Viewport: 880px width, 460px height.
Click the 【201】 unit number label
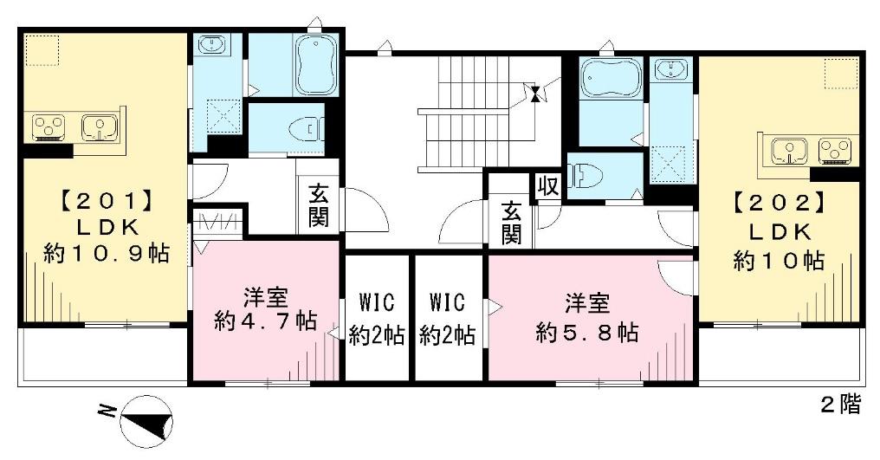tap(107, 200)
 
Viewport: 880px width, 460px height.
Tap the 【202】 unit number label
tap(779, 202)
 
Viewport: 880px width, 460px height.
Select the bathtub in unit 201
tap(316, 65)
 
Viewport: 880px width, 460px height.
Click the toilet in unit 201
tap(306, 130)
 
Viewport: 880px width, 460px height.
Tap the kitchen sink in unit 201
tap(100, 127)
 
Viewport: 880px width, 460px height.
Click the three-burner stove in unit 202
tap(836, 152)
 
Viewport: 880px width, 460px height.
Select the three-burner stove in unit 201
tap(49, 127)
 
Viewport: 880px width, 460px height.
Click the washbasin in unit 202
tap(671, 68)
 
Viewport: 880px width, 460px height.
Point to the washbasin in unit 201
tap(211, 44)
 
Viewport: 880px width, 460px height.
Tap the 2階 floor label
tap(841, 405)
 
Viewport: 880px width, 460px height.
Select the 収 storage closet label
tap(547, 186)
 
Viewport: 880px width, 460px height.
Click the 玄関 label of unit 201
tap(318, 204)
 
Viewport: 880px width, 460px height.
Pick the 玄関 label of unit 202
tap(511, 222)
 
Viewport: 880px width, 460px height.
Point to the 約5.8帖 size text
tap(587, 333)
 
